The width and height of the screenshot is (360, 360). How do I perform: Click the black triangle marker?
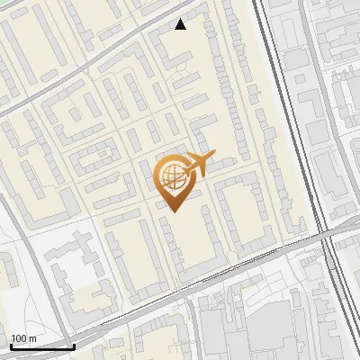181,24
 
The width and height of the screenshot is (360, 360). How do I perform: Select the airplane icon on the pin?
200,163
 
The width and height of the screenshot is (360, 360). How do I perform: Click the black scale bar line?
42,346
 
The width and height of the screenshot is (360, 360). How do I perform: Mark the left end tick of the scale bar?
11,346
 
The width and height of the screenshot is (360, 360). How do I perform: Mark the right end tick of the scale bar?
74,346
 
